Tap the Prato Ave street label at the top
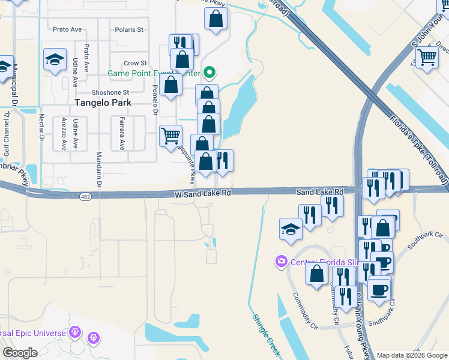[67, 29]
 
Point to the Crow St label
[135, 63]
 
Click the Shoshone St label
[110, 92]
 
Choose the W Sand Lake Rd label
[203, 194]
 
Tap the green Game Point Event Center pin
[209, 73]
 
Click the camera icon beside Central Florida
[280, 261]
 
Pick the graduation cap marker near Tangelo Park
[55, 59]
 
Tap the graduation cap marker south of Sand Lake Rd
[291, 229]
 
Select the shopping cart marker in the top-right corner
[427, 58]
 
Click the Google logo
[20, 353]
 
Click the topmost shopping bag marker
[215, 18]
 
